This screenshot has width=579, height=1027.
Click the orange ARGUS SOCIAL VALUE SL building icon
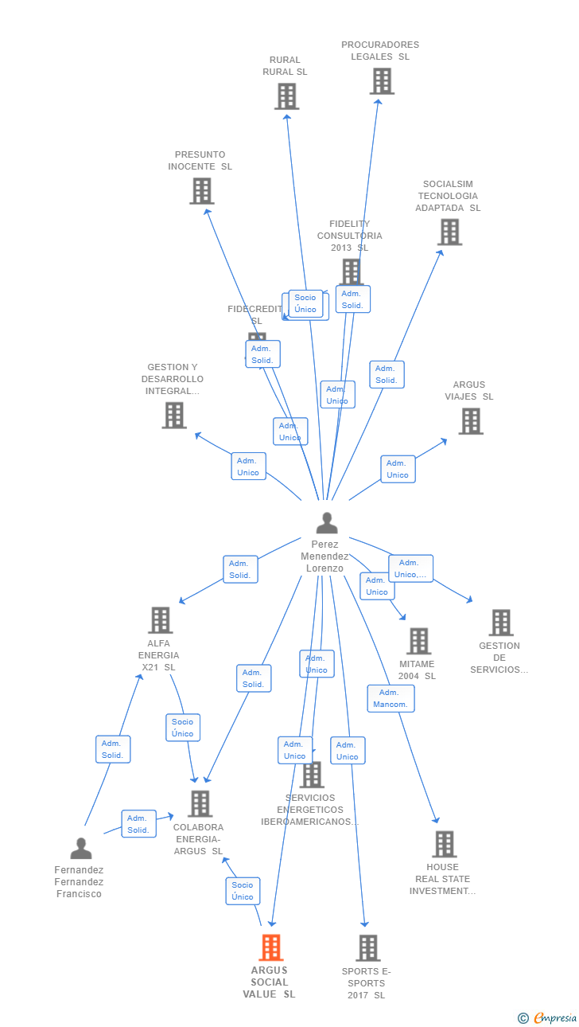271,947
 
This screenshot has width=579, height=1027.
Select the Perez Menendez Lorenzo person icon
326,523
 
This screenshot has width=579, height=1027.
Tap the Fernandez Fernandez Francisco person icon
80,849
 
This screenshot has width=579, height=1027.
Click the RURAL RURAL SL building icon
286,96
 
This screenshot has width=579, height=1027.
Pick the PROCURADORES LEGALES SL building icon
382,81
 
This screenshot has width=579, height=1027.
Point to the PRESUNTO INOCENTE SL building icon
202,191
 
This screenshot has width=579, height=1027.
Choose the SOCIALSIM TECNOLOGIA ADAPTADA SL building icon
449,232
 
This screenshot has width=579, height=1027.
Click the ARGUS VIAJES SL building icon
471,421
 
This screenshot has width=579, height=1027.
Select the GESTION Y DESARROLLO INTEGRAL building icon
174,416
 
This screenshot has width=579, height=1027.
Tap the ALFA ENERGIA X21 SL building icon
161,620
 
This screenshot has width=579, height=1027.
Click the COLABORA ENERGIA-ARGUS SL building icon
200,804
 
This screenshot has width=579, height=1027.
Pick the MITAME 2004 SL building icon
418,641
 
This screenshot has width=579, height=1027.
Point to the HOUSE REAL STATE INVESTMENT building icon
444,845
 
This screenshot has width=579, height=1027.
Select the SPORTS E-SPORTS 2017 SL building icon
367,948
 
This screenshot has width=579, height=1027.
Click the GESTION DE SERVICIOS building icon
500,623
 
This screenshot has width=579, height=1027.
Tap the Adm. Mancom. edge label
391,698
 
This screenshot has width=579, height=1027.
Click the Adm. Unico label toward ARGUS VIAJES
398,469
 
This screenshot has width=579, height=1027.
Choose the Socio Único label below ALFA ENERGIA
183,728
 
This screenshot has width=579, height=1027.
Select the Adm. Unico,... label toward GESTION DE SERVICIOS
411,568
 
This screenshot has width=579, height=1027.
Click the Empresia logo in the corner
554,1017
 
